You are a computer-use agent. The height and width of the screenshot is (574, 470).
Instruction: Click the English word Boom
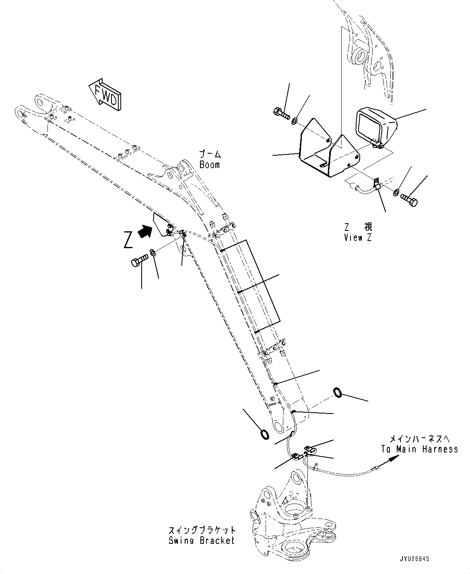click(x=210, y=165)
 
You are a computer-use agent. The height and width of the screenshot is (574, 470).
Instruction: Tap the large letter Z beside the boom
click(x=128, y=240)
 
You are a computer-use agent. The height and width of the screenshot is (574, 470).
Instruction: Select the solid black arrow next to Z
click(x=145, y=231)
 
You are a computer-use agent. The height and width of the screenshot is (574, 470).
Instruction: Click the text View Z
click(x=358, y=237)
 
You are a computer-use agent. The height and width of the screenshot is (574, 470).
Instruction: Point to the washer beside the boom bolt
click(x=153, y=253)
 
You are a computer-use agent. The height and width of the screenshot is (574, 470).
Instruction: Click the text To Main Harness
click(x=419, y=449)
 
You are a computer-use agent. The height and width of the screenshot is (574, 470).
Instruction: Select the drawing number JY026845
click(x=414, y=559)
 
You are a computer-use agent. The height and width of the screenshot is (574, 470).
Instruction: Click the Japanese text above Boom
click(x=210, y=154)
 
